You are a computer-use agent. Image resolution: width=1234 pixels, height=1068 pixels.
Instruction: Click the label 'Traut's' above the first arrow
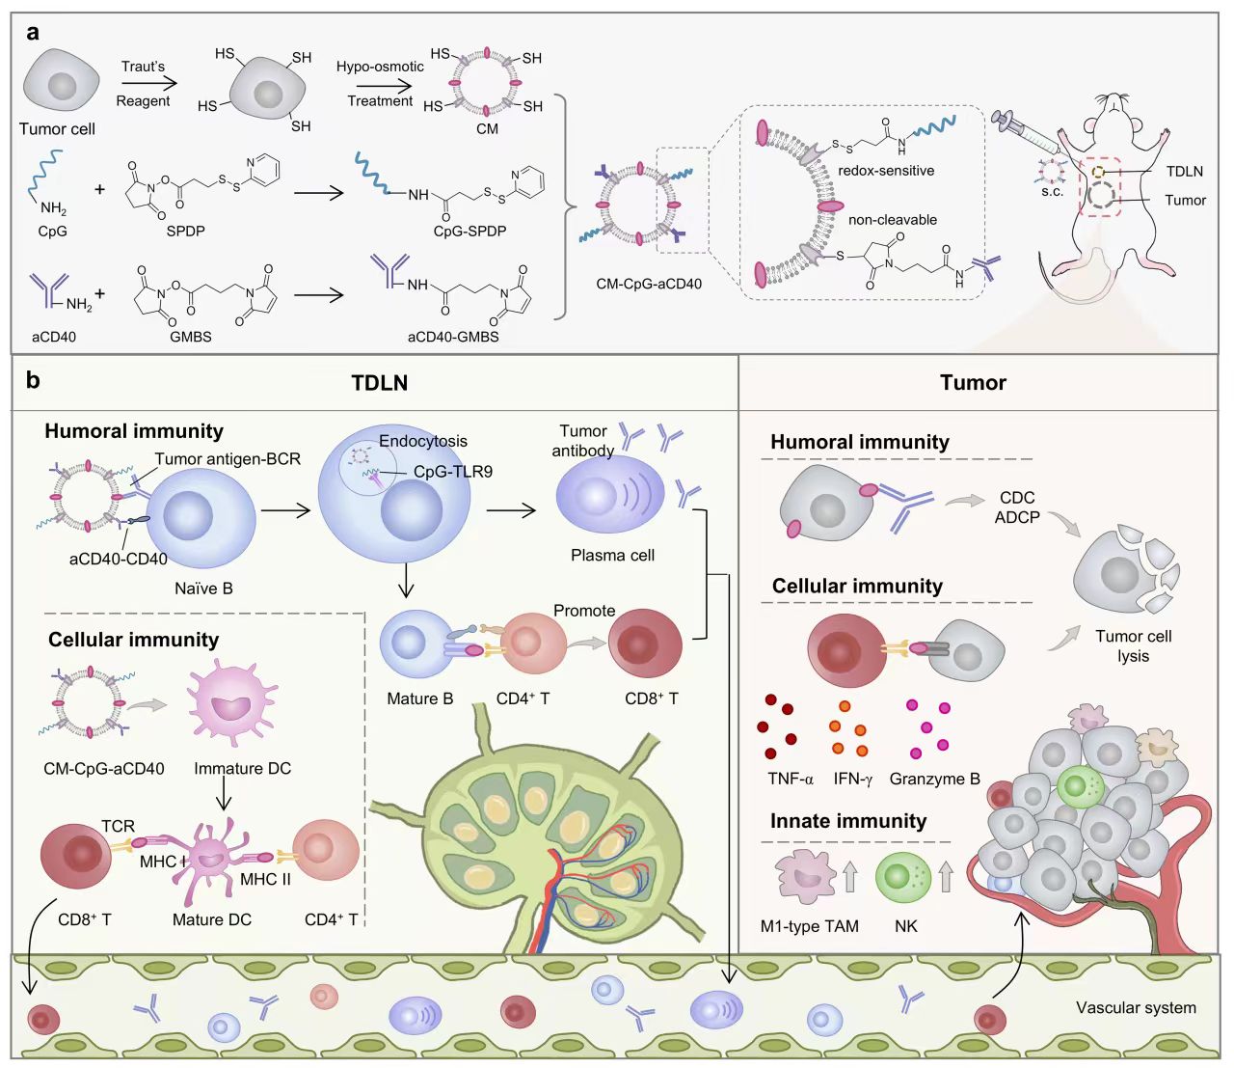pos(143,67)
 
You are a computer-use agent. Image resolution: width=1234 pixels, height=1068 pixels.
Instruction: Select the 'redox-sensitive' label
pos(886,170)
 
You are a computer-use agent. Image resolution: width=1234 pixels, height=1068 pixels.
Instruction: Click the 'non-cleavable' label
pos(893,220)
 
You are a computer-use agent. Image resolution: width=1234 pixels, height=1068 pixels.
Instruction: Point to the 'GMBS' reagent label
pos(191,337)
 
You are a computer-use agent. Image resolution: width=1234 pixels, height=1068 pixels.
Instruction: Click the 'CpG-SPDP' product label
pos(469,232)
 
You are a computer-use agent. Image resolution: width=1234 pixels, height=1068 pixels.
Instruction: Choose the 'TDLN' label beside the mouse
pos(1185,172)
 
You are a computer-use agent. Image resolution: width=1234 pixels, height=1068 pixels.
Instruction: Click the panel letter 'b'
pos(33,380)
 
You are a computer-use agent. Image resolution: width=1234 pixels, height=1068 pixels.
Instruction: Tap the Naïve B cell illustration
pos(200,518)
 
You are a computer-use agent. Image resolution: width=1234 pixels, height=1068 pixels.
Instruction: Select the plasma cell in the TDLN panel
pos(609,494)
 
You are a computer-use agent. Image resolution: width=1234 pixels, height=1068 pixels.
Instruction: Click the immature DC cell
pos(231,703)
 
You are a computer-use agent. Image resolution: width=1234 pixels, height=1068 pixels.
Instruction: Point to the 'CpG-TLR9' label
pos(453,472)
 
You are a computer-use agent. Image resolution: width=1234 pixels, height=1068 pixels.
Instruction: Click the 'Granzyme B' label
pos(935,779)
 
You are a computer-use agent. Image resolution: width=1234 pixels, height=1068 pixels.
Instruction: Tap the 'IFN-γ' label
pos(853,779)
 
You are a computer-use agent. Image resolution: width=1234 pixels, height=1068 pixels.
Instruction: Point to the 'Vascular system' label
pos(1136,1007)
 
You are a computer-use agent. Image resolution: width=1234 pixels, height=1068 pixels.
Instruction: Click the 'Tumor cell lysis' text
pos(1133,645)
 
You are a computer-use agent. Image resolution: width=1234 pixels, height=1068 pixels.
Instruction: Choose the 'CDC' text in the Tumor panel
pos(1017,498)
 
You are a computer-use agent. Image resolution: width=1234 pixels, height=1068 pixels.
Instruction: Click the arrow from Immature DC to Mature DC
pos(224,795)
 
